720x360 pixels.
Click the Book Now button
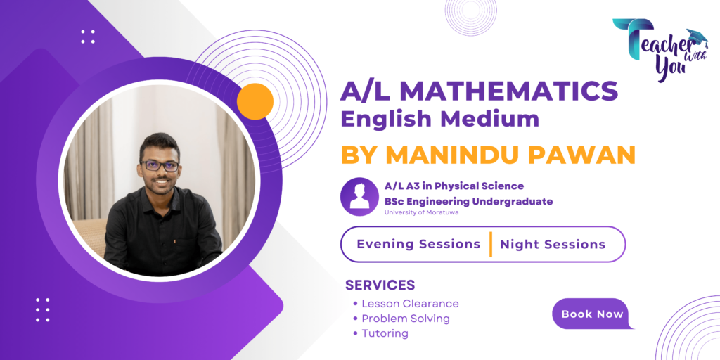coord(592,314)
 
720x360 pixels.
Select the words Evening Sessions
coord(418,244)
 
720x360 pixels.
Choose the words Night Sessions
coord(552,245)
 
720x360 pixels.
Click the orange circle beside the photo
coord(255,101)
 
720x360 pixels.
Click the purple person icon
coord(359,196)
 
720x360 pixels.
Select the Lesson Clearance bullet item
coord(410,304)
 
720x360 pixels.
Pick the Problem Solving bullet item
coord(406,319)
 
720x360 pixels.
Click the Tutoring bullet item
coord(385,333)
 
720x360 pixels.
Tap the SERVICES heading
coord(380,285)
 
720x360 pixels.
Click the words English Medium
coord(440,119)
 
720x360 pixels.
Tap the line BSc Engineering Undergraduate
coord(468,201)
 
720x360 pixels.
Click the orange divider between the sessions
coord(490,244)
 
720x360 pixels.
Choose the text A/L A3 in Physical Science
coord(454,186)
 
